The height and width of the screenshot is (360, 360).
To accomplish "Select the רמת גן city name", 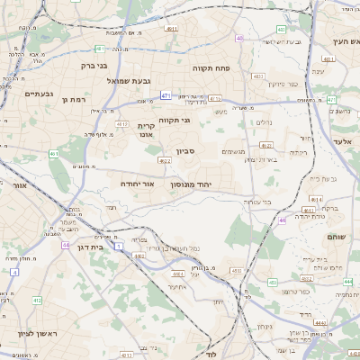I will pyautogui.click(x=72, y=99).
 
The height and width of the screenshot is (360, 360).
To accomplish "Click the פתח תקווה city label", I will pyautogui.click(x=213, y=67).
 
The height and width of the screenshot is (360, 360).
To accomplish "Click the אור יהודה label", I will pyautogui.click(x=139, y=183).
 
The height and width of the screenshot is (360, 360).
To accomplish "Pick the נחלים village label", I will pyautogui.click(x=263, y=122).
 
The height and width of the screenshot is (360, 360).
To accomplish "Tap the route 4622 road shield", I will pyautogui.click(x=165, y=160).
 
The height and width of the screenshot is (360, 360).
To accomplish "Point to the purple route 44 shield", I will pyautogui.click(x=66, y=244).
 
